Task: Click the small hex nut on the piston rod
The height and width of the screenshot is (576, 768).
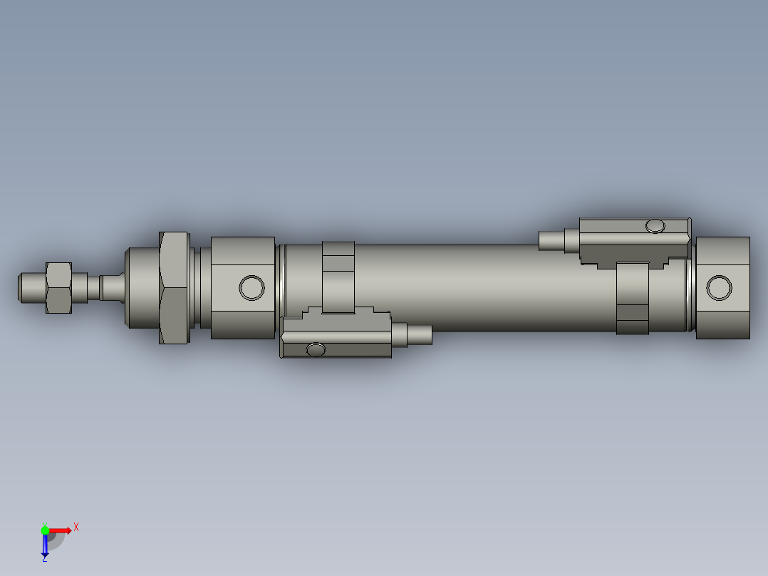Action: pyautogui.click(x=58, y=287)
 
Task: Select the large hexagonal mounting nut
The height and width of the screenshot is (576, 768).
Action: pyautogui.click(x=175, y=287)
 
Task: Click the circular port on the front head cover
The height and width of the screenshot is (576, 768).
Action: pyautogui.click(x=251, y=287)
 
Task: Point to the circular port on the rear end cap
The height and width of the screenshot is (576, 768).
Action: pyautogui.click(x=719, y=288)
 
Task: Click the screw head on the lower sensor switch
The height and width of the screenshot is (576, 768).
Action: pyautogui.click(x=316, y=349)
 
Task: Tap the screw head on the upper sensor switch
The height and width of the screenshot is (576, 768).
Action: pyautogui.click(x=655, y=227)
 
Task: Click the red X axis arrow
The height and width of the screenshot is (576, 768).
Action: pyautogui.click(x=61, y=530)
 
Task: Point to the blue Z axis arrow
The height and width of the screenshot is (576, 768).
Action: pyautogui.click(x=45, y=546)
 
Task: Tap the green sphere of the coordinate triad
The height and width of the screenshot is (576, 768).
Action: pyautogui.click(x=45, y=530)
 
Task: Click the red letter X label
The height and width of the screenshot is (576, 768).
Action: pyautogui.click(x=76, y=528)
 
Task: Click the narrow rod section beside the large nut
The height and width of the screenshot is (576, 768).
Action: pyautogui.click(x=113, y=287)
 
